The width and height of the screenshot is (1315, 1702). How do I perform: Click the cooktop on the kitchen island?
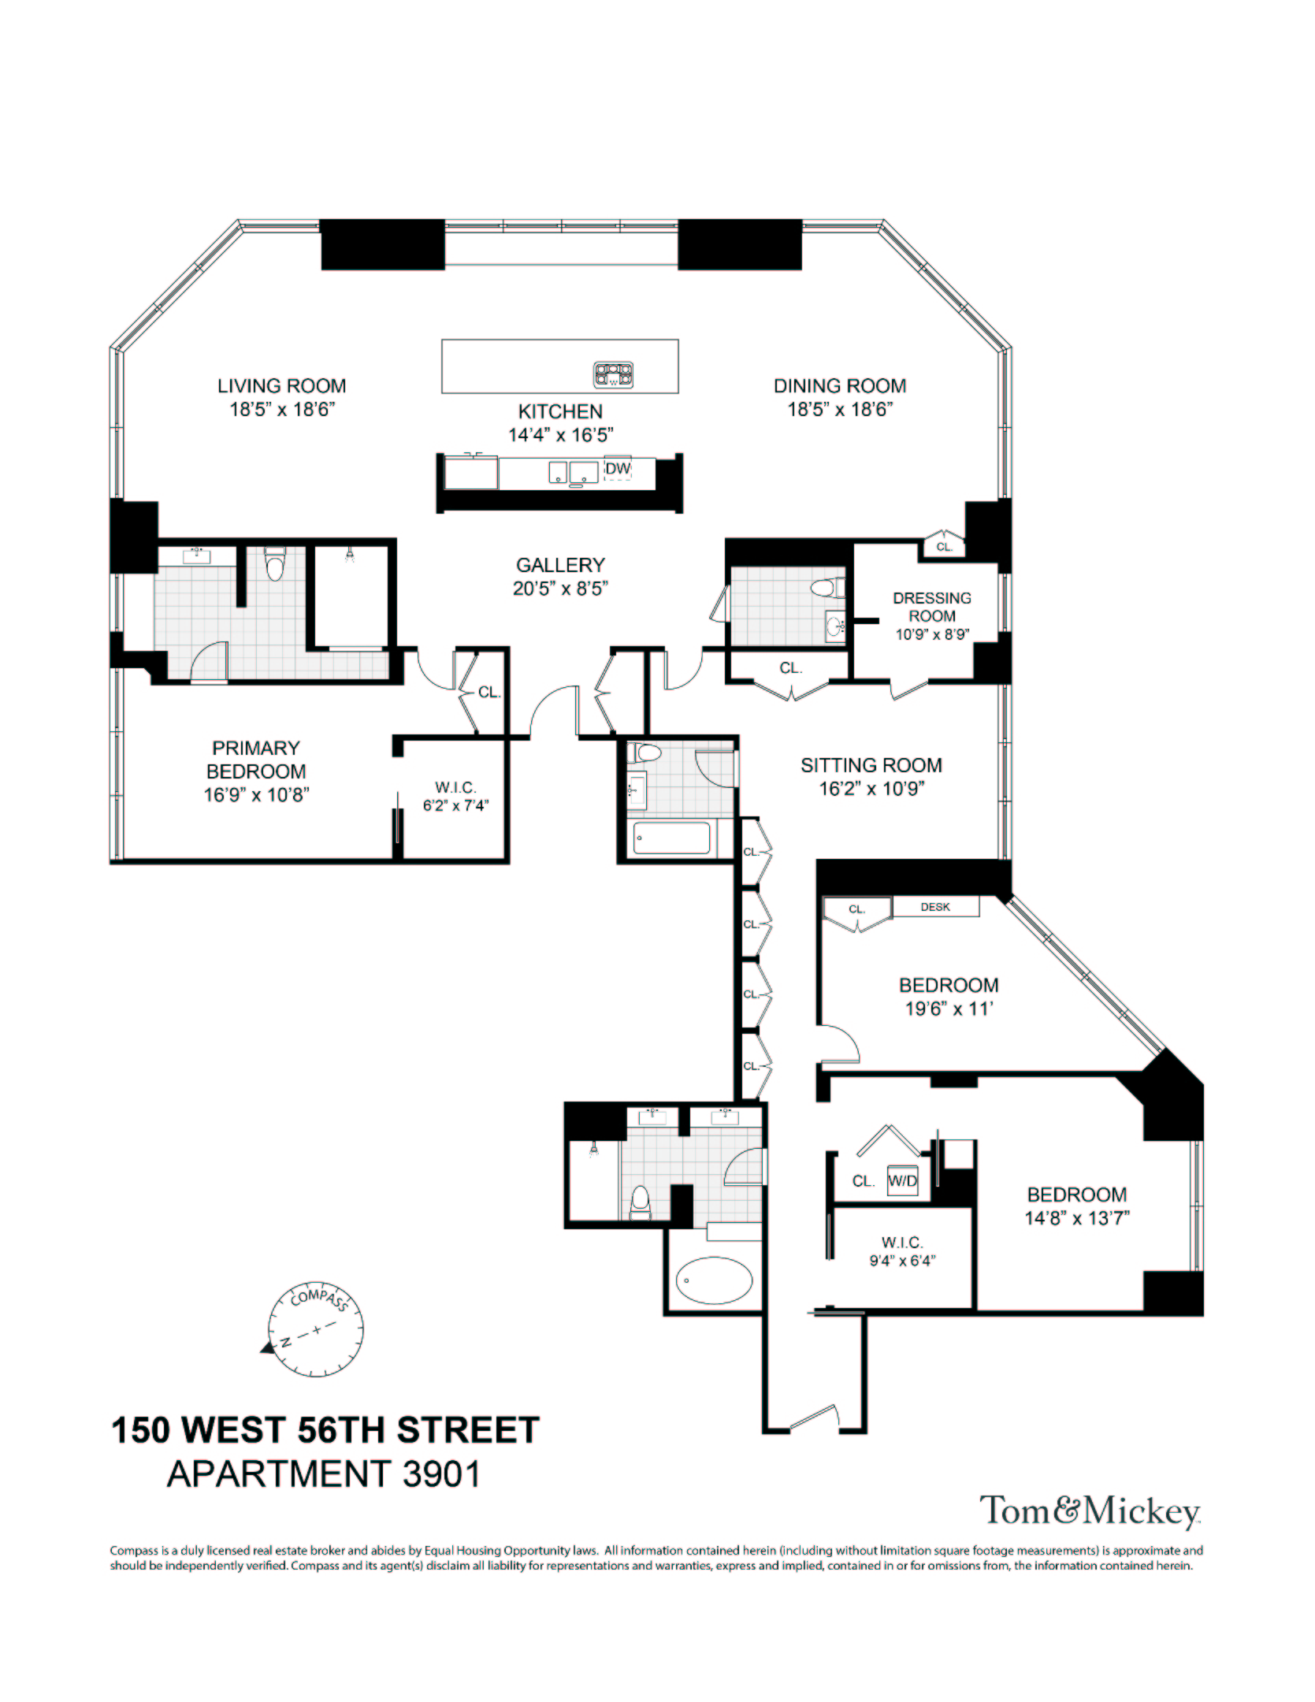click(x=614, y=375)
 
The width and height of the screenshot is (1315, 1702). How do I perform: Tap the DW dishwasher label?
click(x=618, y=469)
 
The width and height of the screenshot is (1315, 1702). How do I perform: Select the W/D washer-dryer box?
click(x=902, y=1181)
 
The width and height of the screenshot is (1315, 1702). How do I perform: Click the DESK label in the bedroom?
click(x=935, y=907)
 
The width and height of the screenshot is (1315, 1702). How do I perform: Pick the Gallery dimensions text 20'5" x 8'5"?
click(x=560, y=589)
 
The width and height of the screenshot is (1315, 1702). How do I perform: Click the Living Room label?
click(x=281, y=386)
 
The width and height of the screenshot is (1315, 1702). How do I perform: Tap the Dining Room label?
click(x=839, y=386)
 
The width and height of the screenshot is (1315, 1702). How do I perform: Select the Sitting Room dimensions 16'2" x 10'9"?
click(x=871, y=789)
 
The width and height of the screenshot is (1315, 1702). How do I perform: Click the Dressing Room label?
click(x=931, y=607)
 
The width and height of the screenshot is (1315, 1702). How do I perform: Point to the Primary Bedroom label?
click(x=256, y=760)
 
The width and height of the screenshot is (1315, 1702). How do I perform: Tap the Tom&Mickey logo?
click(x=1089, y=1511)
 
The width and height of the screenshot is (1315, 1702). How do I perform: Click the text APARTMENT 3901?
click(x=323, y=1473)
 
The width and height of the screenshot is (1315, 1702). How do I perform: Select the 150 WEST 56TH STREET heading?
click(x=325, y=1430)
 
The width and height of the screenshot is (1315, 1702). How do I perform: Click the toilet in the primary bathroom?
click(x=274, y=565)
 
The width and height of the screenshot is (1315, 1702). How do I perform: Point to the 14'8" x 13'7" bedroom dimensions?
click(x=1076, y=1218)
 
